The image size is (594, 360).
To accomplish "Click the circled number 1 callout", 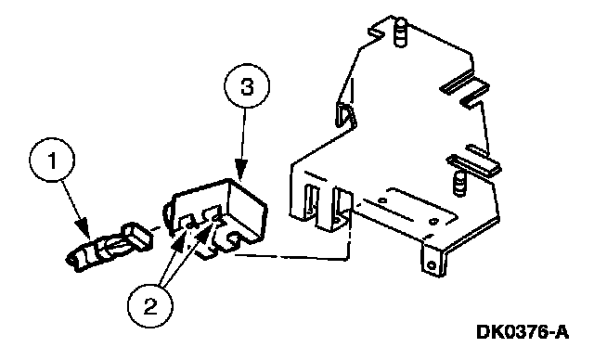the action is coord(52,161).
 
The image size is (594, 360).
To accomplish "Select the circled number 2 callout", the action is coord(150,305).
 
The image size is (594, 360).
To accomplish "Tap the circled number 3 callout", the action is coord(247,86).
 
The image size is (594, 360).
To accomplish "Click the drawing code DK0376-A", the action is coord(523,332).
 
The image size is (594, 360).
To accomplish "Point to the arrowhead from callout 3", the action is coord(241,169).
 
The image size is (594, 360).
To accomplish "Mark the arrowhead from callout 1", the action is coord(84,228).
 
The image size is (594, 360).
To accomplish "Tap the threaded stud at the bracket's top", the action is coord(400,33).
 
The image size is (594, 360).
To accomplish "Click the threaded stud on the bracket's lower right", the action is coord(459,183).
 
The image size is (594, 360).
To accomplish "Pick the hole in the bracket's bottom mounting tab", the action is coord(430,264).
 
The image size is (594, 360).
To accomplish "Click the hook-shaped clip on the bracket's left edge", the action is coord(344,113).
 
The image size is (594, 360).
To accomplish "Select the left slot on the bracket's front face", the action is coord(311,199).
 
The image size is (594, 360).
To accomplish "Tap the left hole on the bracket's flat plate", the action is coord(382,199).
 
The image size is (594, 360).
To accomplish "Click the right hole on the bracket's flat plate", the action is coord(434,221).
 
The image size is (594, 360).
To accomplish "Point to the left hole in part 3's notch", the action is coord(189,225).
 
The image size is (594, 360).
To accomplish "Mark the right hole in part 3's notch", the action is coord(216,218).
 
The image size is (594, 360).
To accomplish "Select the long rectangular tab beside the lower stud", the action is coord(474,165).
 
